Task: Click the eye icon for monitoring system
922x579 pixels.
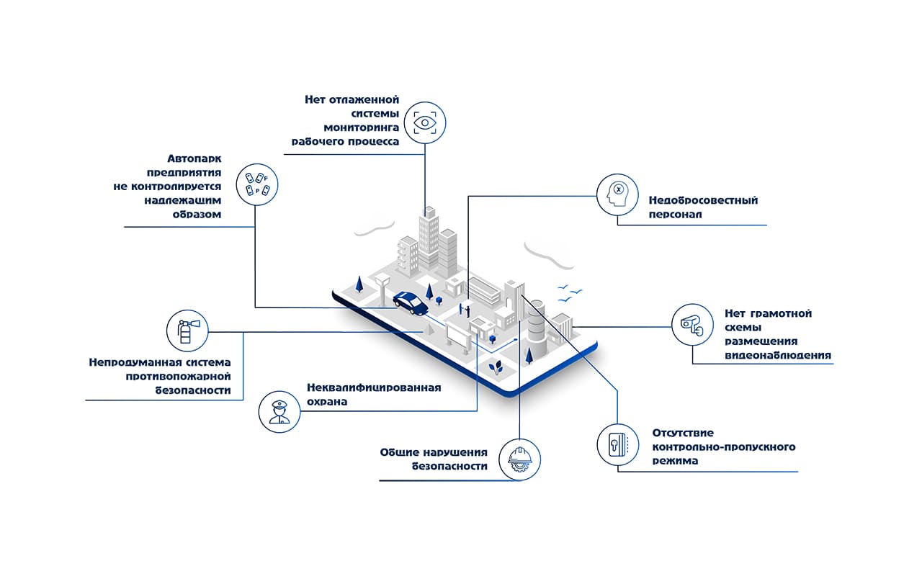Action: pos(425,122)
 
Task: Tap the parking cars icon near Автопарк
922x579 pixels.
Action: pos(257,184)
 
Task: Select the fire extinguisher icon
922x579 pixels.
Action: pos(187,331)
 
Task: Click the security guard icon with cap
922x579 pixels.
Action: pos(279,412)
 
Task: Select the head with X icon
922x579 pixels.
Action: pos(618,194)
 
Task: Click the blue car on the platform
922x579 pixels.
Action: pos(411,302)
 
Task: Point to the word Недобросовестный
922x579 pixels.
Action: pos(703,201)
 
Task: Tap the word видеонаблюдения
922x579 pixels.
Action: pos(778,355)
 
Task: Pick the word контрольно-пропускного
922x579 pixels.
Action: pos(723,446)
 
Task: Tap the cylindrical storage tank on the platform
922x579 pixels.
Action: pos(537,321)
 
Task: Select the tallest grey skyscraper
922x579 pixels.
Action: pos(429,238)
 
